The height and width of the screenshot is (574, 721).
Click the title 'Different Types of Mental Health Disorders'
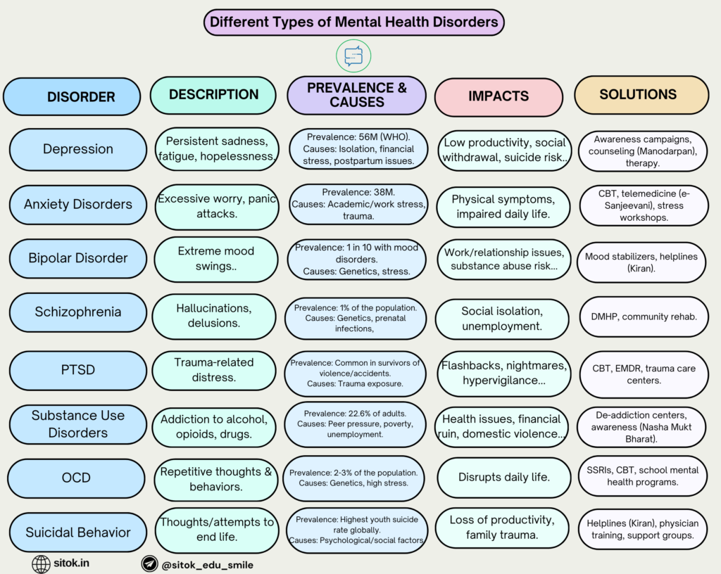353,22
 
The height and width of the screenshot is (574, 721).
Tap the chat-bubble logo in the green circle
353,56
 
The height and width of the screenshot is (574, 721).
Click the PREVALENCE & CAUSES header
356,95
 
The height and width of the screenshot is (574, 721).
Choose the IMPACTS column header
499,96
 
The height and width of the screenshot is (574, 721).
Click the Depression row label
77,149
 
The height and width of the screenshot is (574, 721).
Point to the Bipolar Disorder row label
77,258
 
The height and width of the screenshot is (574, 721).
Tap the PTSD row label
77,370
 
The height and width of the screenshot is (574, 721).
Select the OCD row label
76,478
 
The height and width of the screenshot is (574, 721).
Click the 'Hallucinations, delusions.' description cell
214,315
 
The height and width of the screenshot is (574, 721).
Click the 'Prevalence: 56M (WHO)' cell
358,149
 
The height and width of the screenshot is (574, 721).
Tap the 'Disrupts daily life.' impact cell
503,477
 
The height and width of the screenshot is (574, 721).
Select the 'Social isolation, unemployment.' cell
501,319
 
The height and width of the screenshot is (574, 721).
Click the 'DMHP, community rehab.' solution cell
642,317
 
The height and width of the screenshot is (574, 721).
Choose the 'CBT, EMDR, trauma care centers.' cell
642,374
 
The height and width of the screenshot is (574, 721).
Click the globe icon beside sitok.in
42,563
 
